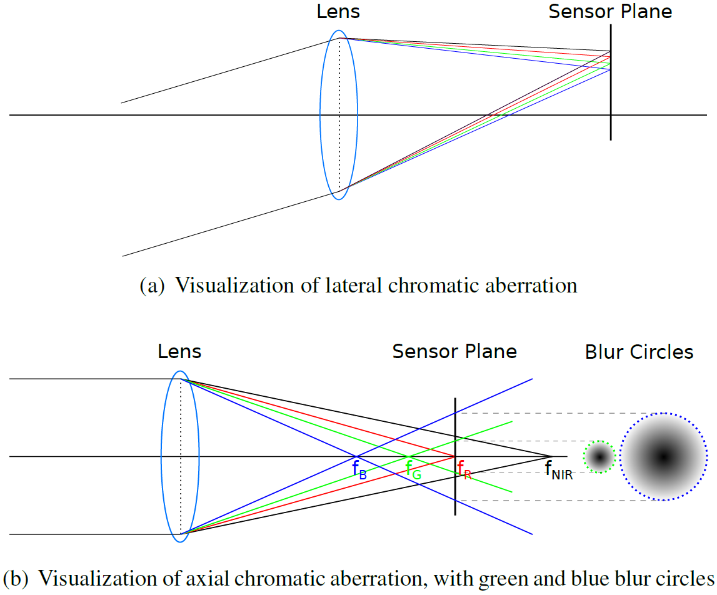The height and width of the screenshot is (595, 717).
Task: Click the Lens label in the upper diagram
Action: pyautogui.click(x=338, y=11)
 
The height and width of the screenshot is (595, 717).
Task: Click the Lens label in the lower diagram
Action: pyautogui.click(x=179, y=352)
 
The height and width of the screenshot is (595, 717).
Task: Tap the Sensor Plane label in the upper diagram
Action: pyautogui.click(x=610, y=11)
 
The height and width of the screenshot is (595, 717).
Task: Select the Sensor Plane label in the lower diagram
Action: pyautogui.click(x=454, y=352)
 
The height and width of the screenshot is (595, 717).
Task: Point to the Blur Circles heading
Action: pyautogui.click(x=639, y=352)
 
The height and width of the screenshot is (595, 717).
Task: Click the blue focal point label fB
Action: pyautogui.click(x=359, y=469)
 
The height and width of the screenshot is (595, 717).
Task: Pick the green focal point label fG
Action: pyautogui.click(x=413, y=469)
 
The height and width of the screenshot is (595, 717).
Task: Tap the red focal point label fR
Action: pyautogui.click(x=464, y=469)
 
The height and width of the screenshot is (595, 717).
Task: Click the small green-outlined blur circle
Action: pyautogui.click(x=599, y=457)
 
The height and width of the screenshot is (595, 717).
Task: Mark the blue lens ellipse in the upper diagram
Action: pyautogui.click(x=321, y=116)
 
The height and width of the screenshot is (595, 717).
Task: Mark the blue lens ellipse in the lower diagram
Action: pyautogui.click(x=162, y=457)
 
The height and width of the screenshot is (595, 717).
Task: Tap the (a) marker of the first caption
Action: pyautogui.click(x=153, y=286)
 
